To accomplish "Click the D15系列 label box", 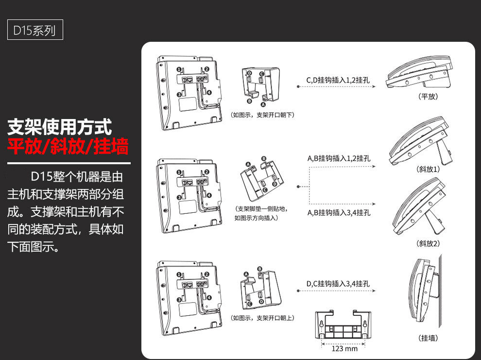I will [34, 31].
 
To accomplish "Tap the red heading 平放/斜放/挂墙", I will [68, 146].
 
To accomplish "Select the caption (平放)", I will [428, 97].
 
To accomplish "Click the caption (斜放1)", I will [428, 170].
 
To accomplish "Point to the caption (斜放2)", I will [428, 243].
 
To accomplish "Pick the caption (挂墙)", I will [428, 338].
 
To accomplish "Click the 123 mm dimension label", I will [344, 348].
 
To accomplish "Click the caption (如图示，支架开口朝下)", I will [262, 115].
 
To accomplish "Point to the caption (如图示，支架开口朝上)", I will [262, 318].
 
